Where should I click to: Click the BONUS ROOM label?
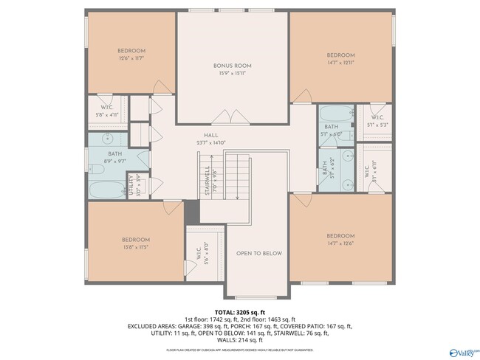point(233,66)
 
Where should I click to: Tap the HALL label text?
point(211,136)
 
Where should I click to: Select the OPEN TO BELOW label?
point(259,253)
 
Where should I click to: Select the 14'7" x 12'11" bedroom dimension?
point(340,63)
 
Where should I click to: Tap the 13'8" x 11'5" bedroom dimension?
point(135,247)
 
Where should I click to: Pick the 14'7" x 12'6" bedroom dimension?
point(340,244)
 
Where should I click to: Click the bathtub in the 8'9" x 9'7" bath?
point(108,189)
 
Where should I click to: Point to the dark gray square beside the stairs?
point(192,211)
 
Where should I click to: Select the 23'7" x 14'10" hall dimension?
point(211,143)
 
